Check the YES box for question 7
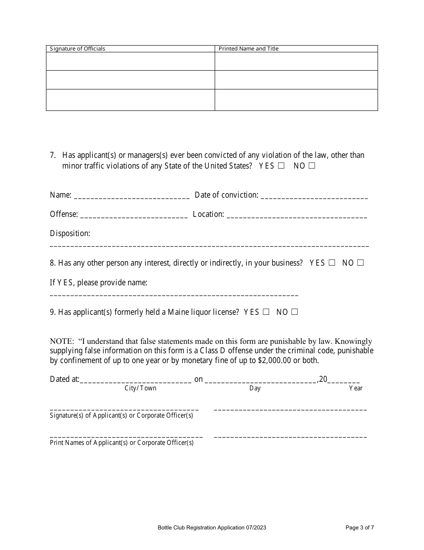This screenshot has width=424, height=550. [281, 166]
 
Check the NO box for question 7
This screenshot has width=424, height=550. [312, 166]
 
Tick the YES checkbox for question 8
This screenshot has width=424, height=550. [332, 263]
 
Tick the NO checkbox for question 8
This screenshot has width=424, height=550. [360, 263]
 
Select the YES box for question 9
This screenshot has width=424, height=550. [266, 312]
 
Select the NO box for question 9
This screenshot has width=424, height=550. [294, 312]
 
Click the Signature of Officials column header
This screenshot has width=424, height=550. [77, 49]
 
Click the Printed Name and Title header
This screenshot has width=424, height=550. [248, 49]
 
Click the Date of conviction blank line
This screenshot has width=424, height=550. [314, 197]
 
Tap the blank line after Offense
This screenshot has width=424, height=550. [134, 216]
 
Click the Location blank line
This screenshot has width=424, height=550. [297, 216]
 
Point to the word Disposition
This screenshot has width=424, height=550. [70, 233]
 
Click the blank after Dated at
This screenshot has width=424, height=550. [136, 381]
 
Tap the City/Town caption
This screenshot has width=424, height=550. [141, 388]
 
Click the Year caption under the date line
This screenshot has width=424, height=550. [356, 388]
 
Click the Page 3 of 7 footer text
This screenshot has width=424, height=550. [360, 528]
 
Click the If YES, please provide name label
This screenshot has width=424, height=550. [99, 283]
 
